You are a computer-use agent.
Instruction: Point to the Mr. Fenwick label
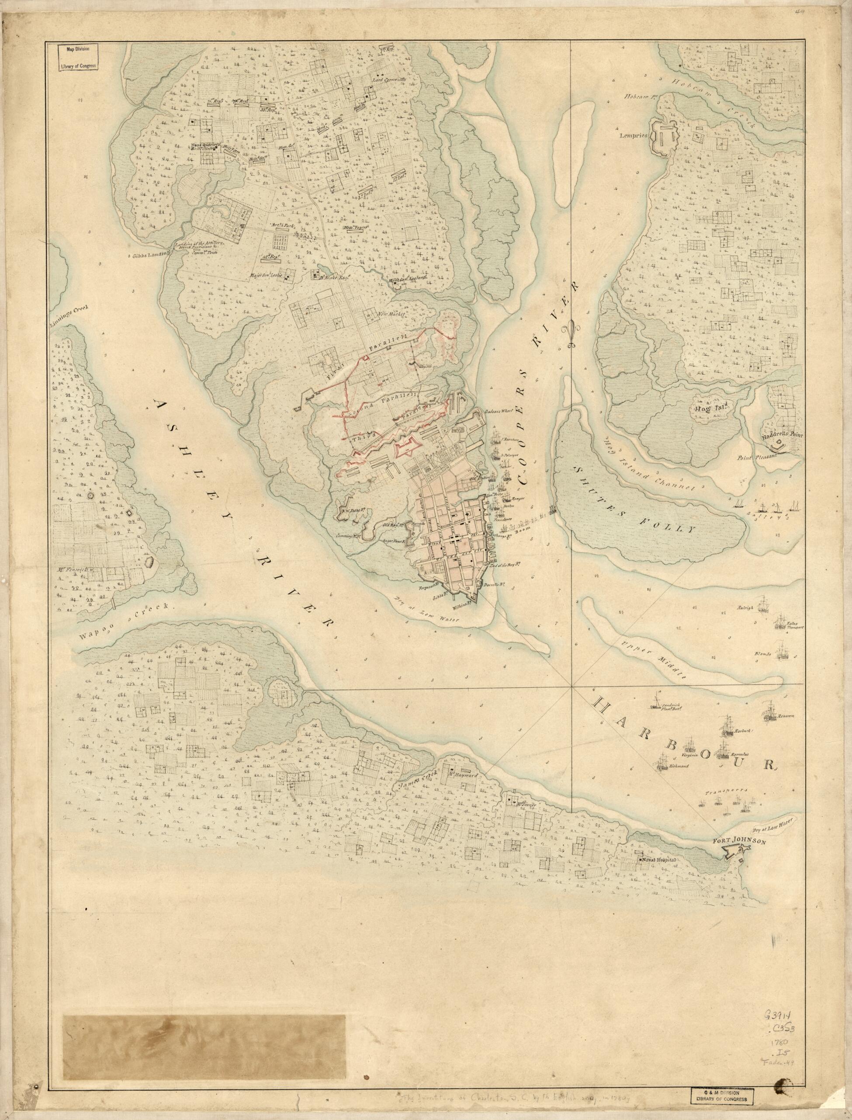pos(75,570)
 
